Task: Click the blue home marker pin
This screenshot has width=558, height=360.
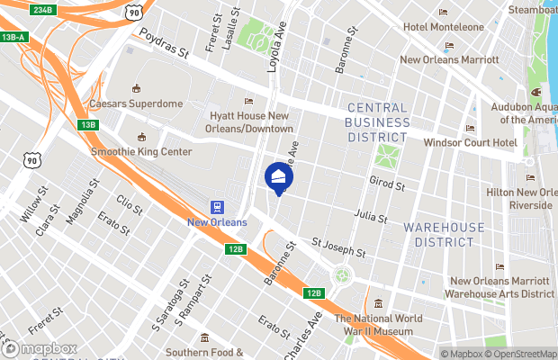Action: click(x=278, y=177)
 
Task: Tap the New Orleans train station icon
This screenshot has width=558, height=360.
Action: click(x=216, y=206)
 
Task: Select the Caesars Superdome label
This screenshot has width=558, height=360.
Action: click(x=136, y=103)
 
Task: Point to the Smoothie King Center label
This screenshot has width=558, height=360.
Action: click(x=142, y=151)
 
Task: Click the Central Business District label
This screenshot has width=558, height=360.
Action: click(x=384, y=122)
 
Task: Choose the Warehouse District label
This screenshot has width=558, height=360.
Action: click(x=444, y=235)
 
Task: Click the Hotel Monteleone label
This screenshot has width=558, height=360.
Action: click(x=444, y=27)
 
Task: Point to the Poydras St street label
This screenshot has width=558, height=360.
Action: click(x=163, y=45)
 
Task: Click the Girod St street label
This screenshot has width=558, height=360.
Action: click(x=388, y=184)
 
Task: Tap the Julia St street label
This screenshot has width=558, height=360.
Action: click(x=372, y=216)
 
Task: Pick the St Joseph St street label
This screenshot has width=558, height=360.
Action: click(x=338, y=247)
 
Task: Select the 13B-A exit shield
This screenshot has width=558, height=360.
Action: click(x=13, y=37)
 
